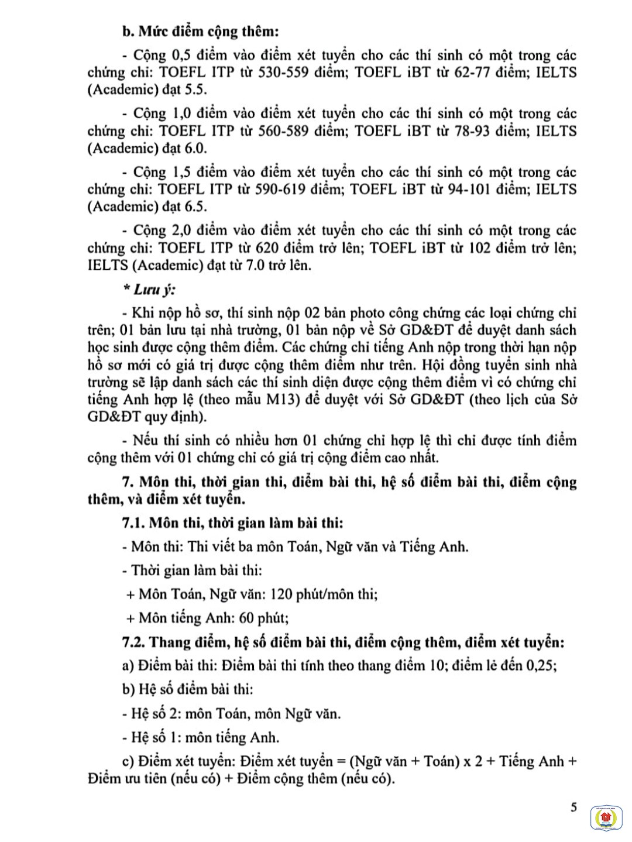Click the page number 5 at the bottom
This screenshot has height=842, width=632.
(x=574, y=807)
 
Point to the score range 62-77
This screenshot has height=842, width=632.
(x=475, y=73)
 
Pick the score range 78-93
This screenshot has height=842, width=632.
(x=475, y=131)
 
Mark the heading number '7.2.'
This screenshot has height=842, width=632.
(x=133, y=642)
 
